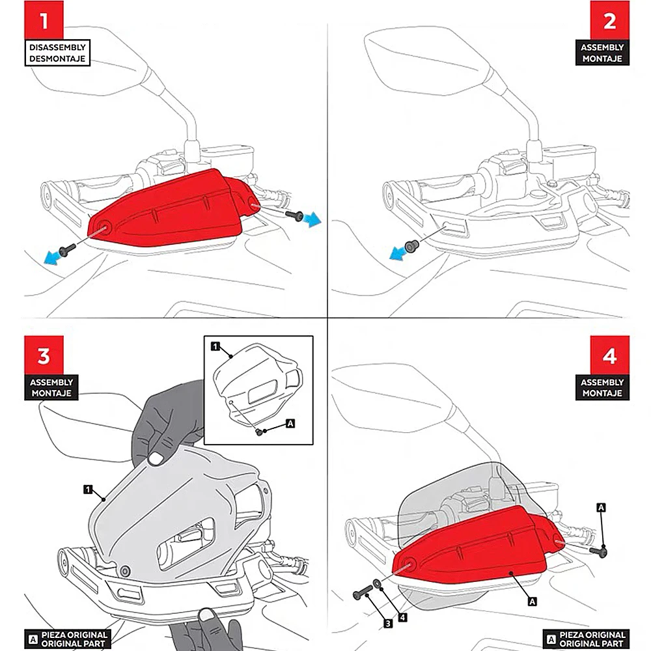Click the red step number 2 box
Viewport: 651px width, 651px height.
(x=609, y=20)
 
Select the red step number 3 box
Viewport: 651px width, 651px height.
(x=44, y=355)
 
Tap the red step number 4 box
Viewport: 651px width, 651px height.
(x=609, y=355)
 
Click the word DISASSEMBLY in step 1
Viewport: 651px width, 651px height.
(x=57, y=47)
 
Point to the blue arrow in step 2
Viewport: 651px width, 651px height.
(x=396, y=255)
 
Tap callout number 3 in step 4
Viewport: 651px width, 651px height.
(x=388, y=624)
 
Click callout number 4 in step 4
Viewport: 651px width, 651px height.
(x=403, y=617)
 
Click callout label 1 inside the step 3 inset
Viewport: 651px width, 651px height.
(x=214, y=347)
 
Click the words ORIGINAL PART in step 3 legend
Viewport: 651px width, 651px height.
(x=76, y=643)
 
